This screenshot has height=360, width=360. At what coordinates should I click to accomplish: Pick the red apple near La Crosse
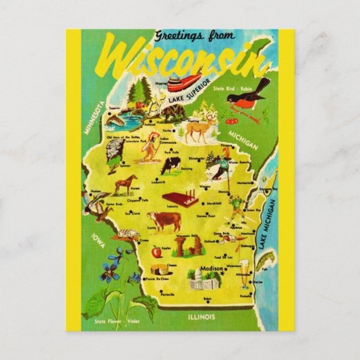[x=156, y=251]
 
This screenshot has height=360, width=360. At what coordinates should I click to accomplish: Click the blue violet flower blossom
[x=109, y=275]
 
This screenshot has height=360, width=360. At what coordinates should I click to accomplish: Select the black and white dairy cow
[x=170, y=165]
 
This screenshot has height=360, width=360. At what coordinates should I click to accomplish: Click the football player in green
[x=235, y=207]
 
